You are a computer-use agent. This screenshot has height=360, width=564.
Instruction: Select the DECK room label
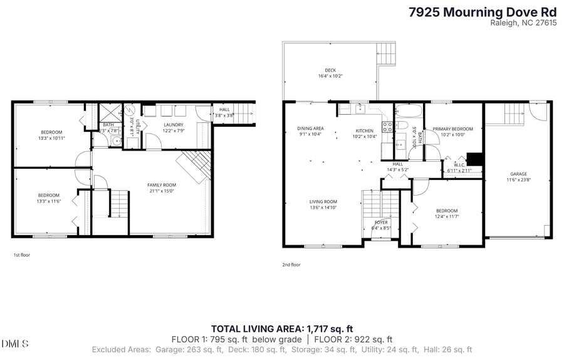pyautogui.click(x=330, y=70)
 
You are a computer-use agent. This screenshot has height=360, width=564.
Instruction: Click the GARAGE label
pyautogui.click(x=518, y=174)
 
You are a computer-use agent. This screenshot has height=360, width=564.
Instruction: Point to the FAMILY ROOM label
pyautogui.click(x=161, y=184)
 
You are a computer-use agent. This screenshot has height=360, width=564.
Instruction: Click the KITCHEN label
pyautogui.click(x=364, y=130)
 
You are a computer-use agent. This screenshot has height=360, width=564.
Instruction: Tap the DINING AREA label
pyautogui.click(x=310, y=128)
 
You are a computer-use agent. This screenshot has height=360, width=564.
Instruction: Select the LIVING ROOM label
pyautogui.click(x=323, y=201)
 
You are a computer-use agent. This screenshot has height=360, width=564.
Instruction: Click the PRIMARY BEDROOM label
pyautogui.click(x=453, y=128)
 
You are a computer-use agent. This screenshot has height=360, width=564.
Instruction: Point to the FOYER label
pyautogui.click(x=381, y=222)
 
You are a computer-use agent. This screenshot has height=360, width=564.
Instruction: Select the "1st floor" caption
pyautogui.click(x=21, y=255)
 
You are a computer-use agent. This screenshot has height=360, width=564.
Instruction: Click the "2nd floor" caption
pyautogui.click(x=291, y=265)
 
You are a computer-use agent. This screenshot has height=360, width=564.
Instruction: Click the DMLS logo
pyautogui.click(x=16, y=344)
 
